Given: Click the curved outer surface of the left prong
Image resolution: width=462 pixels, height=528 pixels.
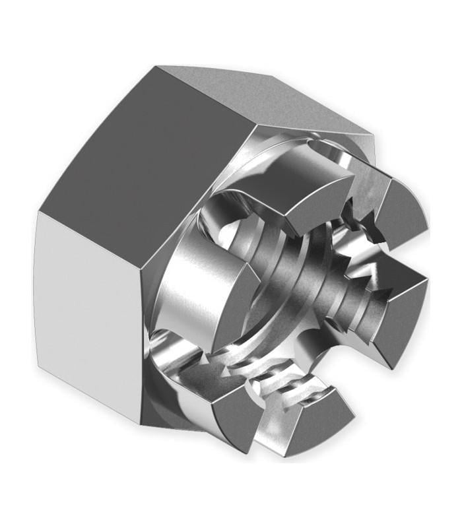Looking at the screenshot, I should (x=191, y=284).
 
